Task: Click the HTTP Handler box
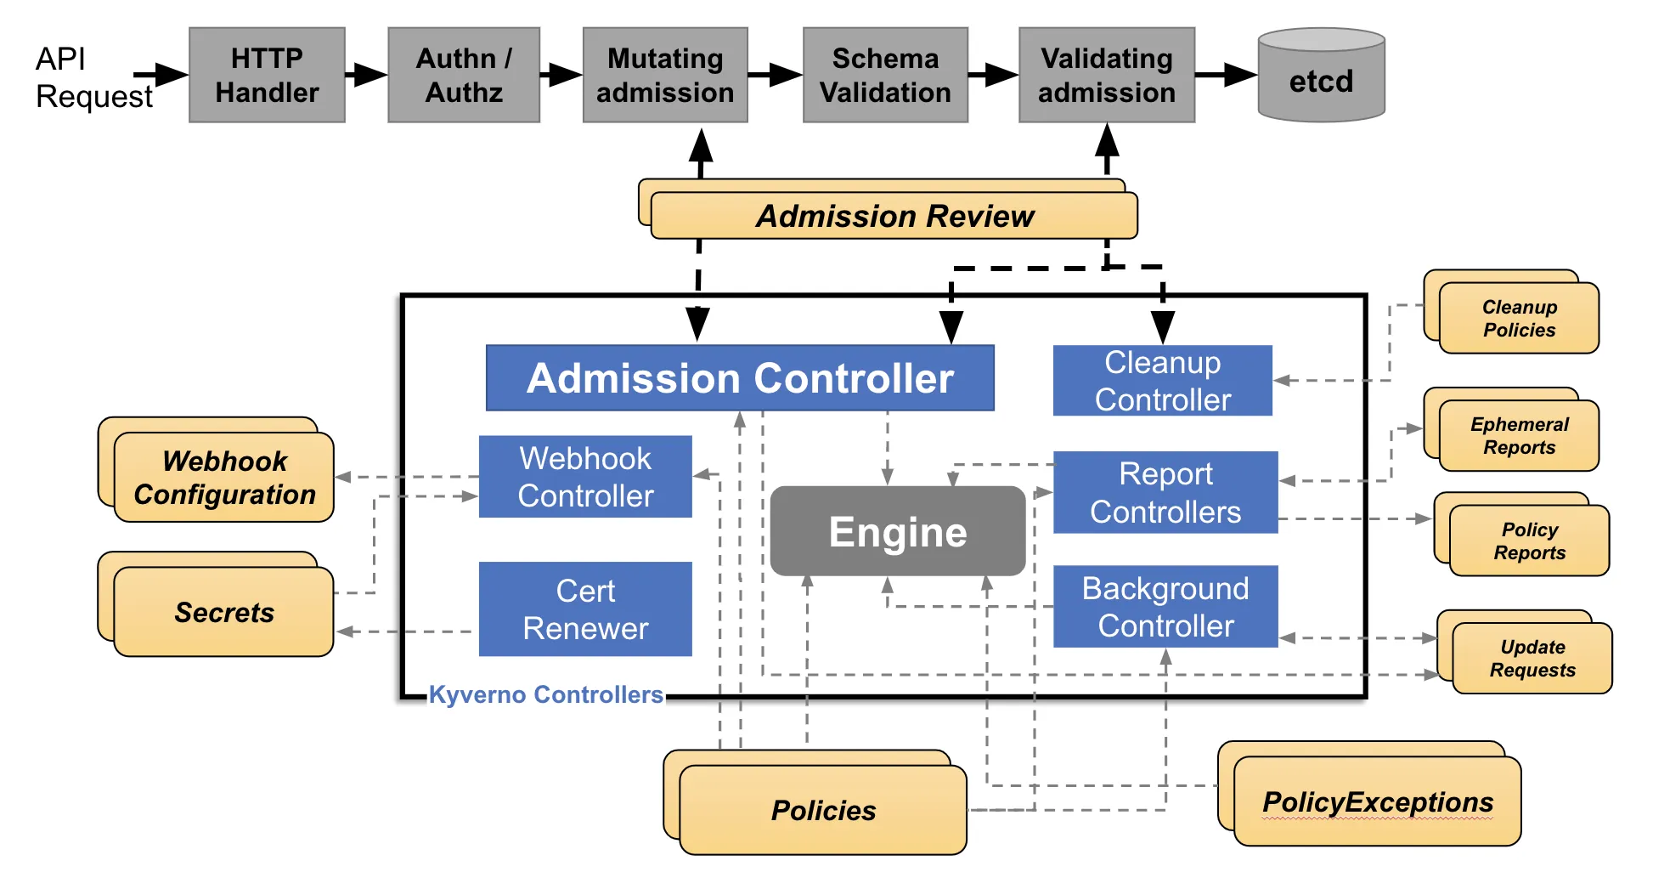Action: (x=267, y=75)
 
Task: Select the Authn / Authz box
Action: (x=464, y=75)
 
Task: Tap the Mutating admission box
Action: (x=665, y=75)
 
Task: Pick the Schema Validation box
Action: (x=885, y=75)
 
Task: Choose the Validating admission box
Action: (x=1107, y=75)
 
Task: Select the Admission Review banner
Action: (x=894, y=216)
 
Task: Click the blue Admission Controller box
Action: (x=740, y=378)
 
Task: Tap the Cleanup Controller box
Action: (x=1162, y=381)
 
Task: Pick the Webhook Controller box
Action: (x=585, y=477)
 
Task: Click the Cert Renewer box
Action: (x=585, y=609)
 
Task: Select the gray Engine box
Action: (x=898, y=531)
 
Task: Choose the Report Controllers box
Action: (x=1165, y=493)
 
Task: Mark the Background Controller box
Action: (x=1165, y=607)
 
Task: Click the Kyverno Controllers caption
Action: (x=545, y=694)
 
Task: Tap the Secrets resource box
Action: (x=223, y=612)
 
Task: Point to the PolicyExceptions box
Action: (x=1377, y=801)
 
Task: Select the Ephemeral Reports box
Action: (x=1519, y=435)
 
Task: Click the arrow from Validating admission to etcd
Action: (x=1226, y=75)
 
